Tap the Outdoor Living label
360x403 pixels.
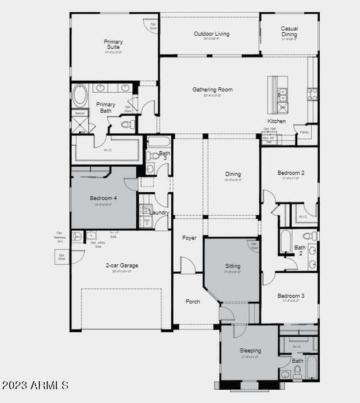211,34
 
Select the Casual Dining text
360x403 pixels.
289,32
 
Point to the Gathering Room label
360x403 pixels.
212,90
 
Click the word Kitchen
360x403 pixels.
276,121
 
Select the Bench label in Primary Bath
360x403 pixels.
79,113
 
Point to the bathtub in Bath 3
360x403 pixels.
158,142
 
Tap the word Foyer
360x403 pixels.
189,238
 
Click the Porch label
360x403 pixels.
193,301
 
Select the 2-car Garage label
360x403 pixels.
121,265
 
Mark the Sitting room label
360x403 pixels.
233,267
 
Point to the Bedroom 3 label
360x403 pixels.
290,296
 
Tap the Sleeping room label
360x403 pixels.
250,350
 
